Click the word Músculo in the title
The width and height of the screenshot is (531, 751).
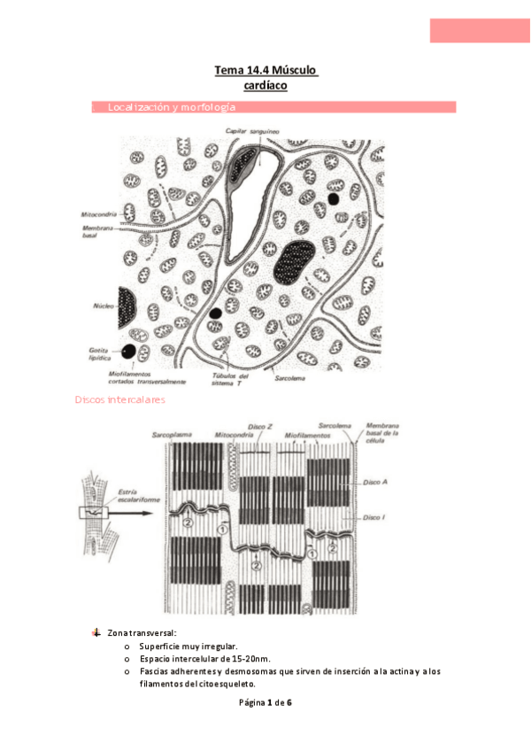pyautogui.click(x=296, y=69)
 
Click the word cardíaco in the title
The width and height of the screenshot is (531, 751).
pyautogui.click(x=265, y=85)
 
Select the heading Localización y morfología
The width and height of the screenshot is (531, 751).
pyautogui.click(x=171, y=107)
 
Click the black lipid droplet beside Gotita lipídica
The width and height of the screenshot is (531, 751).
pyautogui.click(x=129, y=352)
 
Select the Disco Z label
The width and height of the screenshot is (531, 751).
pyautogui.click(x=258, y=426)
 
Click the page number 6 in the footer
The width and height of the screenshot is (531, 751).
pyautogui.click(x=289, y=702)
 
